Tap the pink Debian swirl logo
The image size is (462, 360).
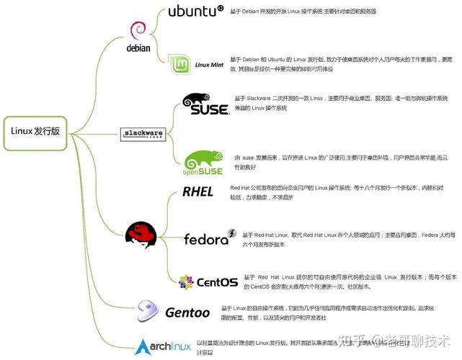[x=139, y=31]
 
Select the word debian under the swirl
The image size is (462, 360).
[x=138, y=48]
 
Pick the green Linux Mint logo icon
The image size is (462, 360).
[x=179, y=65]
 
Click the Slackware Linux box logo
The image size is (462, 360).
[x=141, y=133]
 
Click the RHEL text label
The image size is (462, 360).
[x=197, y=192]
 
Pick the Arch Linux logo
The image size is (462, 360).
[x=163, y=344]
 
